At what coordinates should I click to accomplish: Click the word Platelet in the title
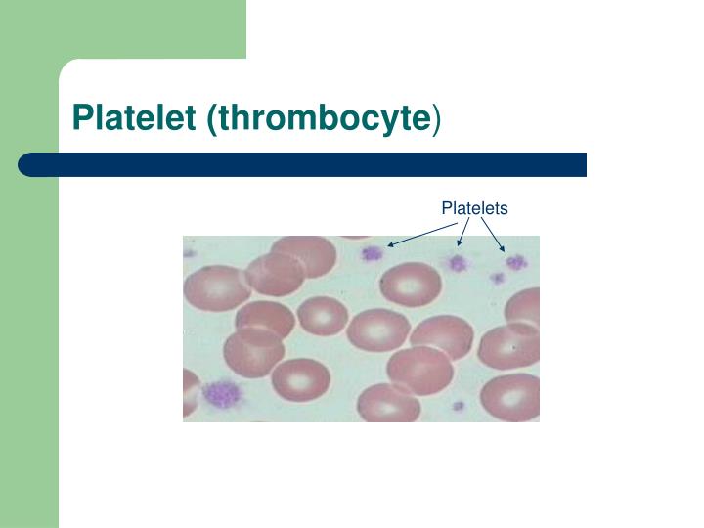coord(134,117)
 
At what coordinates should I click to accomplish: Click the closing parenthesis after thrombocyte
coord(436,119)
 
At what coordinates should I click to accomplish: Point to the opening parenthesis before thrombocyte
coord(212,119)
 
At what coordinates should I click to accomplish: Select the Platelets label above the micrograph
coord(474,208)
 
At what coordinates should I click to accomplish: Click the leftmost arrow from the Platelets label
coord(422,235)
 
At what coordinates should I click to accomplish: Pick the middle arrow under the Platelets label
coord(463,232)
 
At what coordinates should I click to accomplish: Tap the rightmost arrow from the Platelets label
coord(493,235)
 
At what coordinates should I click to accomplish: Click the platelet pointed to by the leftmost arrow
coord(373,254)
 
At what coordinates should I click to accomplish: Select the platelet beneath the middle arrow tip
coord(457,263)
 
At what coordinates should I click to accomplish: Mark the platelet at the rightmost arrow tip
coord(516,262)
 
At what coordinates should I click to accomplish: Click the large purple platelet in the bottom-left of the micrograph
coord(221,393)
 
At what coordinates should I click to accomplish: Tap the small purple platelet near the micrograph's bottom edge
coord(458,407)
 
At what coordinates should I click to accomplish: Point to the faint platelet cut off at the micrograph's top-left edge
coord(189,253)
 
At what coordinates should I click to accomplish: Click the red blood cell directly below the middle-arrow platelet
coord(411,285)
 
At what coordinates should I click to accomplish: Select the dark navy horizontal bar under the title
coord(302,165)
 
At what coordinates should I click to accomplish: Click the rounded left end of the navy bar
coord(23,165)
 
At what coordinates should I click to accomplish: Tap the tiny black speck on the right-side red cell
coord(514,347)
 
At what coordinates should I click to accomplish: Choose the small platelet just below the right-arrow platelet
coord(498,279)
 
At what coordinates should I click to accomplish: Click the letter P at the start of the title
coord(82,117)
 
